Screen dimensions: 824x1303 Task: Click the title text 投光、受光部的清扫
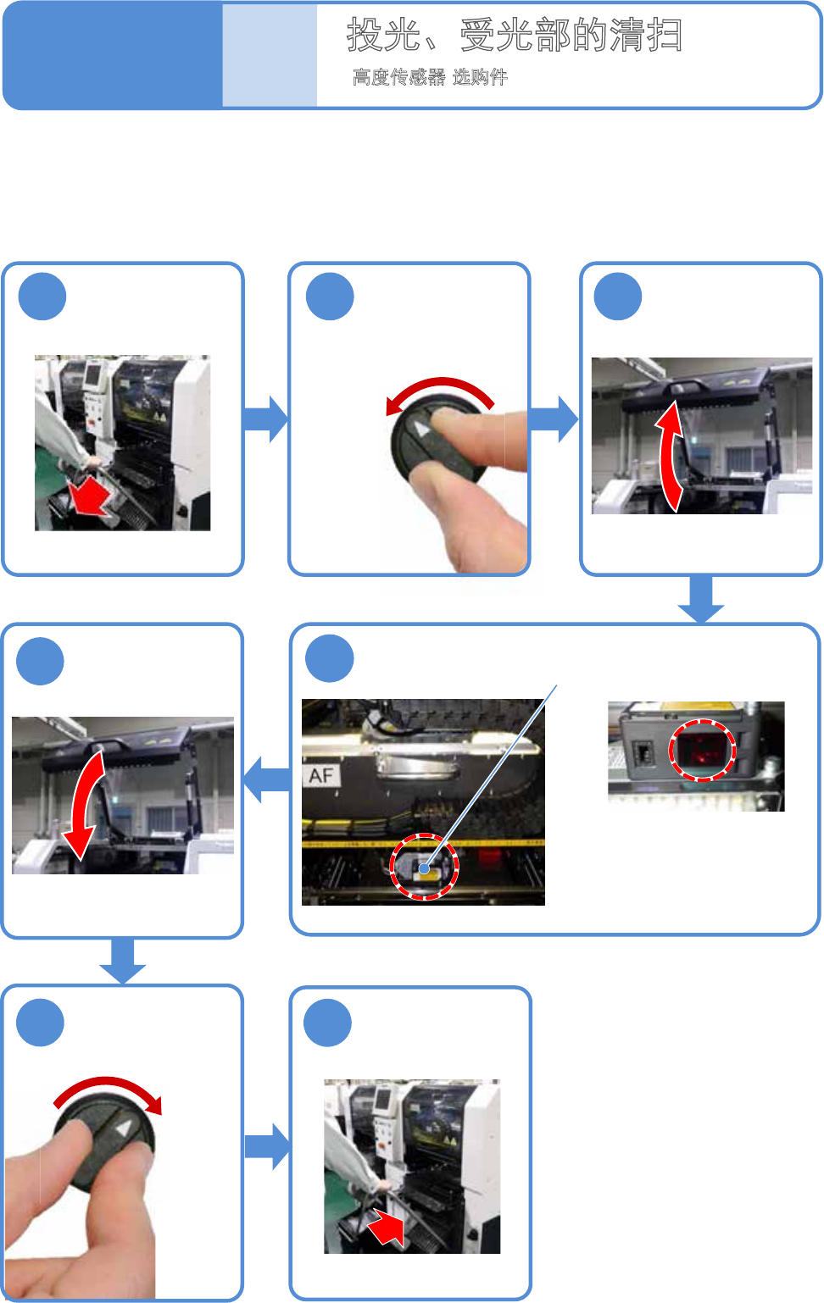[x=515, y=35]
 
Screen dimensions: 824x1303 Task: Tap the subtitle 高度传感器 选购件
[x=430, y=77]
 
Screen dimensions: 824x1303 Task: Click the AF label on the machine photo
[x=321, y=775]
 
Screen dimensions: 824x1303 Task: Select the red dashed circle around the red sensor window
[x=703, y=751]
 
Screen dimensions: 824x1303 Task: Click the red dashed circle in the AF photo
[x=424, y=867]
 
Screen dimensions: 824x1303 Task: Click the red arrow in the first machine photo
[x=90, y=497]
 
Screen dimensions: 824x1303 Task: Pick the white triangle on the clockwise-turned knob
[x=124, y=1129]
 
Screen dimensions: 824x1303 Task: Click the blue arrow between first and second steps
[x=266, y=419]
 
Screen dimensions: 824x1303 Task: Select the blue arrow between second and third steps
[x=554, y=419]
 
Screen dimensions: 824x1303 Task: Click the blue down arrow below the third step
[x=701, y=599]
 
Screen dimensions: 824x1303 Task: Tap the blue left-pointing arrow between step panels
[x=266, y=779]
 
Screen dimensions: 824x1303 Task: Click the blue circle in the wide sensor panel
[x=330, y=658]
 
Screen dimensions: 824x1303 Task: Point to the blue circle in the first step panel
[x=42, y=296]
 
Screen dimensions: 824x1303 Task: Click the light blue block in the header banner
[x=270, y=55]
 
